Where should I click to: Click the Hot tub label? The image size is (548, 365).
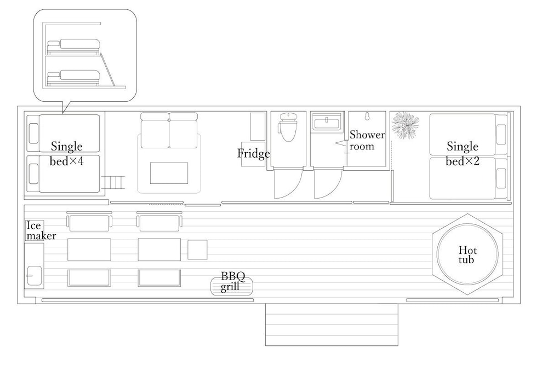pyautogui.click(x=467, y=255)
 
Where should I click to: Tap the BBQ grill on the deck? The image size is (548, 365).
pyautogui.click(x=232, y=286)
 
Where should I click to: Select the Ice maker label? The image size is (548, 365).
pyautogui.click(x=41, y=230)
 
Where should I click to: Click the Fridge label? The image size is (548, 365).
pyautogui.click(x=253, y=154)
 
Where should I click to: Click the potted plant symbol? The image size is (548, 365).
pyautogui.click(x=406, y=125)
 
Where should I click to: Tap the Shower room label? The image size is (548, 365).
pyautogui.click(x=367, y=140)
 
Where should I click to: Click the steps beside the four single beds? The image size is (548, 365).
pyautogui.click(x=116, y=182)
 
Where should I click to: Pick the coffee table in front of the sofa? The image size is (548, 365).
pyautogui.click(x=169, y=173)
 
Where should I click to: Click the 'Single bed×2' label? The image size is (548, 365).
pyautogui.click(x=463, y=153)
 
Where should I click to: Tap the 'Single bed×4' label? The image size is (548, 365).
pyautogui.click(x=66, y=153)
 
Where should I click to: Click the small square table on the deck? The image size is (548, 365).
pyautogui.click(x=197, y=250)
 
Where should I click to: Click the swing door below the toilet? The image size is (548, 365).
pyautogui.click(x=287, y=184)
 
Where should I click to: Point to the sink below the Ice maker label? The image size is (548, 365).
pyautogui.click(x=33, y=273)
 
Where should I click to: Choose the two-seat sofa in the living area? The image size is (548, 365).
pyautogui.click(x=169, y=130)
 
